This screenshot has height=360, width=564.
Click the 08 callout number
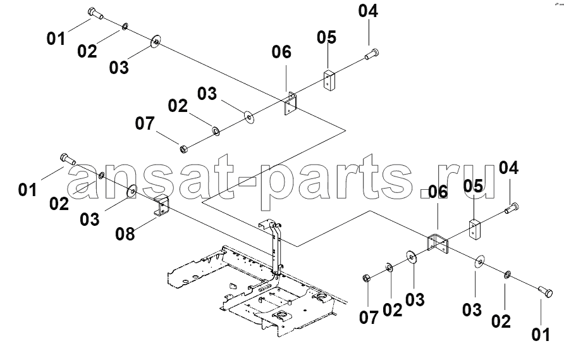point(125,234)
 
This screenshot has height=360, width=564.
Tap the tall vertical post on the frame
point(276,249)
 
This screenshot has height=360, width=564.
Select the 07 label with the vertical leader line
point(369,318)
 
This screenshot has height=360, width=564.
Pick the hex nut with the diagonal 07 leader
point(182,148)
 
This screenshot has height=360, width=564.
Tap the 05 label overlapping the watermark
point(473,186)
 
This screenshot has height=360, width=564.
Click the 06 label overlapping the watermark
point(438,192)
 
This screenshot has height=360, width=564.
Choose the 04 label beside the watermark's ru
point(508,168)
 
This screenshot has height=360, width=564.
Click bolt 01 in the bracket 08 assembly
point(67,158)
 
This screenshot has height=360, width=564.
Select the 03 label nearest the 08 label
point(90,220)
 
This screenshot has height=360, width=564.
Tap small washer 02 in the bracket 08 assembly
point(101,175)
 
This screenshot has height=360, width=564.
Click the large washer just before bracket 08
point(132,190)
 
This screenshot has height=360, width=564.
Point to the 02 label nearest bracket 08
point(59,204)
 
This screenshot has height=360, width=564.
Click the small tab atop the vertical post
point(265,224)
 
